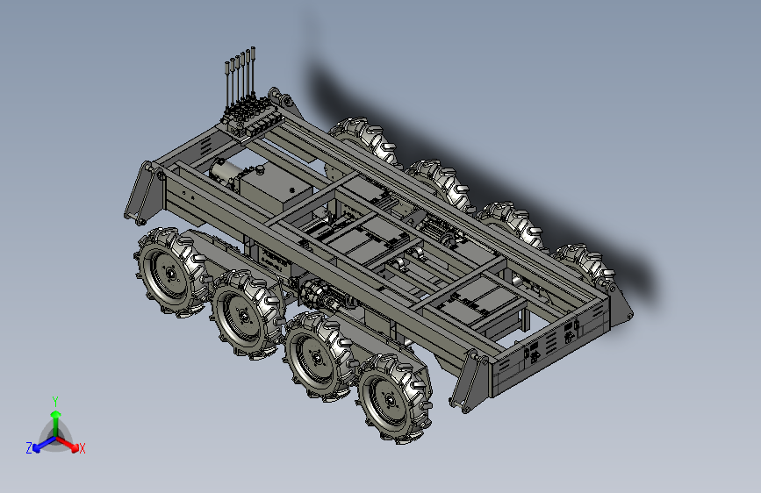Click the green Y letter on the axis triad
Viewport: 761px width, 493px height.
point(55,402)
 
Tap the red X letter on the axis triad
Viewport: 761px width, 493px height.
point(82,449)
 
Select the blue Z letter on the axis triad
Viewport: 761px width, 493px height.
point(29,448)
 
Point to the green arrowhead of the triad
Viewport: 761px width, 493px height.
point(56,415)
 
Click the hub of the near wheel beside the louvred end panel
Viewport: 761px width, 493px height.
point(390,400)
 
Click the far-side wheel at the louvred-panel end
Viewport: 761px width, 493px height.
point(585,264)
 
